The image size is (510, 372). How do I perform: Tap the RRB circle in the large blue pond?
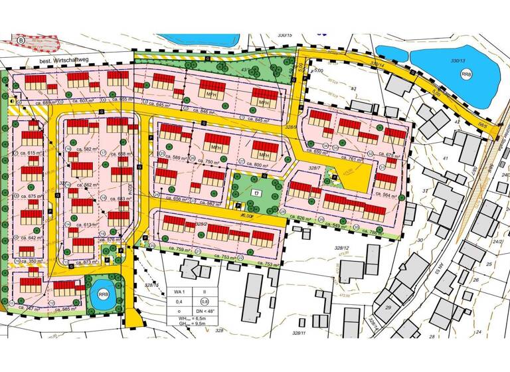pos(466,74)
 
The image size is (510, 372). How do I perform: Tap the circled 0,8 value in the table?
pos(212,302)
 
